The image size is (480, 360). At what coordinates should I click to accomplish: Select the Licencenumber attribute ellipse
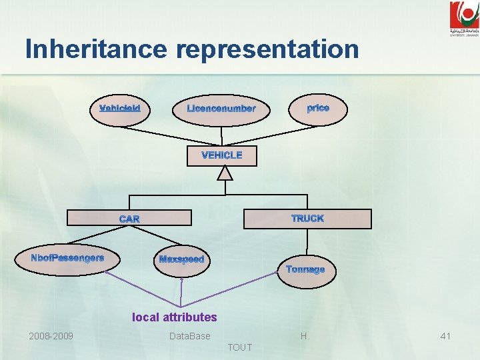tap(221, 109)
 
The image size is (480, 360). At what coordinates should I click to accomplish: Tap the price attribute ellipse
tap(317, 108)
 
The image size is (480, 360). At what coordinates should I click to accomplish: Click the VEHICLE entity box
tap(222, 155)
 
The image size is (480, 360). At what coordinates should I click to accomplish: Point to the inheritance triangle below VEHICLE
tap(226, 173)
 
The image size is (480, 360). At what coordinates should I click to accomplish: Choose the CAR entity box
tap(130, 219)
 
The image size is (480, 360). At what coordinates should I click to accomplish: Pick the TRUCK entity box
tap(307, 219)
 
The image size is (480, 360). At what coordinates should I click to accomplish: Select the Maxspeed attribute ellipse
tap(181, 259)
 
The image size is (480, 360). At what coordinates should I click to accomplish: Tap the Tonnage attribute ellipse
tap(305, 270)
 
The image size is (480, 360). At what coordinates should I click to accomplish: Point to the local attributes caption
tap(175, 317)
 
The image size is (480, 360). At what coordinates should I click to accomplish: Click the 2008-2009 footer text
tap(51, 336)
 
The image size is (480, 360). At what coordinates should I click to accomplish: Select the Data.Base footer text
tap(190, 336)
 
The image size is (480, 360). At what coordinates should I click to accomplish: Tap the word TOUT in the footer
tap(240, 347)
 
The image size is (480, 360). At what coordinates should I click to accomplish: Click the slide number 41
tap(445, 336)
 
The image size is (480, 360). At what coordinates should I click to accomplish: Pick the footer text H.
tap(305, 336)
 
